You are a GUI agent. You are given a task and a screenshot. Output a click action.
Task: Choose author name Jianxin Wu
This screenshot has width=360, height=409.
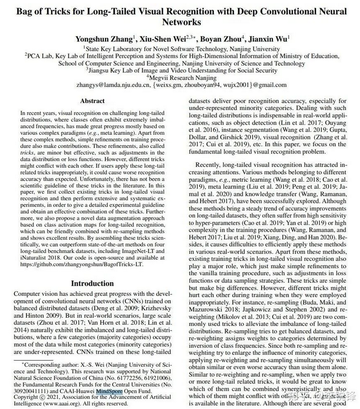pos(268,39)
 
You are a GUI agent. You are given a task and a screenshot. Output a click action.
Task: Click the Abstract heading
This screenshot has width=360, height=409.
pos(92,101)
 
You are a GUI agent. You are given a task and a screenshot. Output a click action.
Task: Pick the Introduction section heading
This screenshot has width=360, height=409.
pos(92,283)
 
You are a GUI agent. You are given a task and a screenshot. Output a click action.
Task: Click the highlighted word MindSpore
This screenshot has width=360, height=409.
pos(109,390)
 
